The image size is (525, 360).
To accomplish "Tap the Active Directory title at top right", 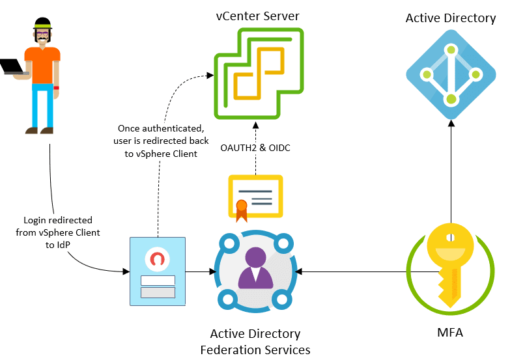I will [x=451, y=18].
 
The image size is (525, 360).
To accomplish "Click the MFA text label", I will [x=450, y=333].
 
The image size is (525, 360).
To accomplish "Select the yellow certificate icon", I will [x=255, y=196].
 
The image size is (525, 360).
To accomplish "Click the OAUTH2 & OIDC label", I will [x=255, y=148].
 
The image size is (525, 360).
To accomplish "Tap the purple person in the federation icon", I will [x=255, y=269].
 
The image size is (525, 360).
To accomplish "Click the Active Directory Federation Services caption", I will [x=255, y=341].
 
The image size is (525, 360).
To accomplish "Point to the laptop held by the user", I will [x=12, y=66].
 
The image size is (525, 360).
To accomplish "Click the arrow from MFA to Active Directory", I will [x=450, y=169].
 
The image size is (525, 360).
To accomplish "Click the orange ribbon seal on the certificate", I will [x=242, y=208].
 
